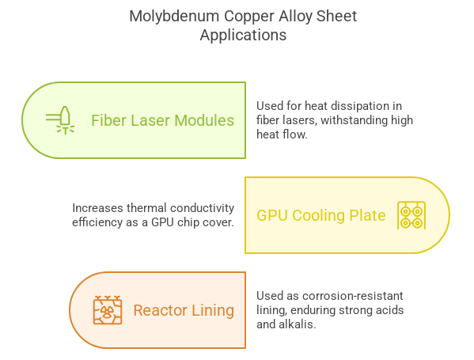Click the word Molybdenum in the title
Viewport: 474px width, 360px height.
[174, 17]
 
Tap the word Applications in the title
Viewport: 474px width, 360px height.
[243, 36]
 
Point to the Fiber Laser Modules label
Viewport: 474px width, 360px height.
[163, 120]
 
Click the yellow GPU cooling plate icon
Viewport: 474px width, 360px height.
[411, 215]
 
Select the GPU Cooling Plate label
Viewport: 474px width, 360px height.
[321, 215]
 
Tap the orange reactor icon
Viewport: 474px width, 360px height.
[108, 310]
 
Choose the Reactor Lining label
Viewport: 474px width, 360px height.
[184, 310]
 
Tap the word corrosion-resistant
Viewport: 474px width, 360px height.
[353, 296]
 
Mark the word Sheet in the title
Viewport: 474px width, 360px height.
[337, 17]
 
